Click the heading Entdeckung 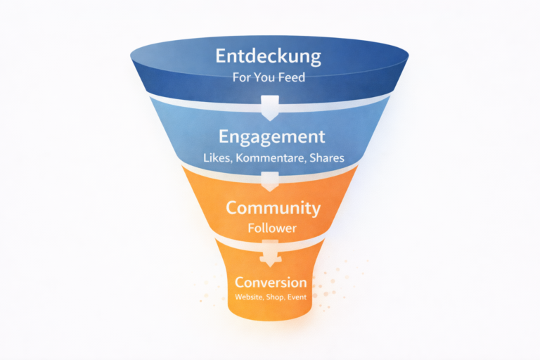pos(269,56)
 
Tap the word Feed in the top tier pos(290,77)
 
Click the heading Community pos(273,208)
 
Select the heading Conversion pos(271,282)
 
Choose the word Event pos(296,297)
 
